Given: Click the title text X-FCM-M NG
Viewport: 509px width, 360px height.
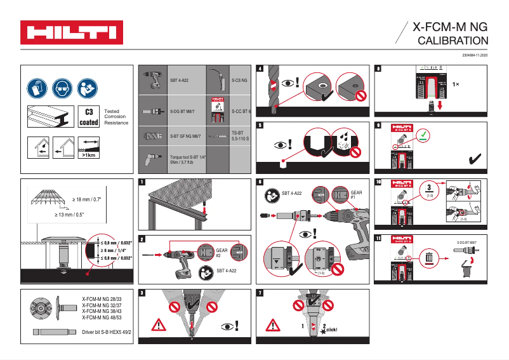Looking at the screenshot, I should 450,27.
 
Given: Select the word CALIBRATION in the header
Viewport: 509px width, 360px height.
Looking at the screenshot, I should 454,41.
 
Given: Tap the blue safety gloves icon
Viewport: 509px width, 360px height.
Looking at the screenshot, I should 37,88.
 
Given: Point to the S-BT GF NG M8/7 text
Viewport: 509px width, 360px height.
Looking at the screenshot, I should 185,136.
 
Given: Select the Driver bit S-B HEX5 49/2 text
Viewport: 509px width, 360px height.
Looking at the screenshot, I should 107,332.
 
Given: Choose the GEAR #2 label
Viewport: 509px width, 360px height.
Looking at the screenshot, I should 221,253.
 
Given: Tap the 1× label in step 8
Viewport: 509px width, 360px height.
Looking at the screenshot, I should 456,83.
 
